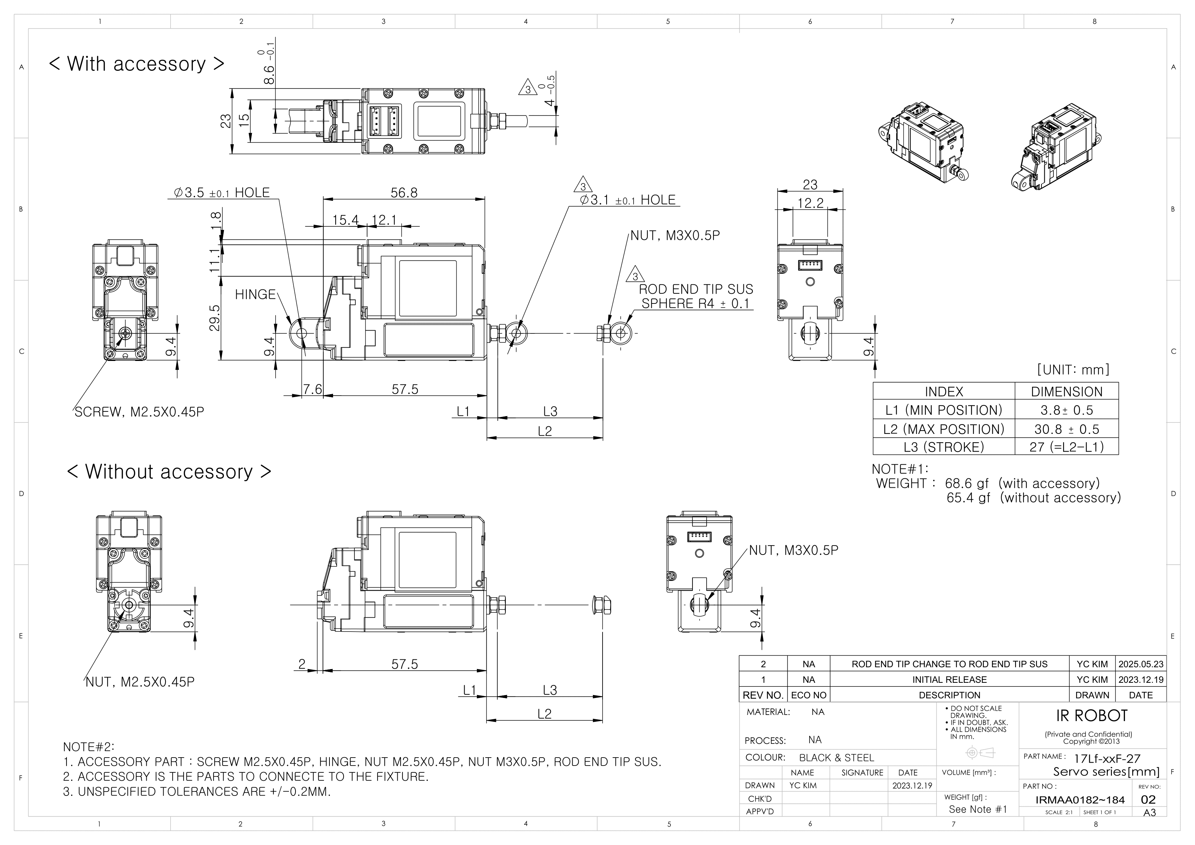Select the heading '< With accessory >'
136,64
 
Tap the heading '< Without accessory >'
169,472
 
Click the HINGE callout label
255,295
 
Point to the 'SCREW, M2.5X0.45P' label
139,412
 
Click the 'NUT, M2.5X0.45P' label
139,682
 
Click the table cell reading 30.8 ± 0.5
1066,430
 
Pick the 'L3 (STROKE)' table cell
943,447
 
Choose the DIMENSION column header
1066,392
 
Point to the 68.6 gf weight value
967,484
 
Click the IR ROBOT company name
1091,716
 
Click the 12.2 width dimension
810,203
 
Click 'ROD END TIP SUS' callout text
695,289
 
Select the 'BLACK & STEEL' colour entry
836,758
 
